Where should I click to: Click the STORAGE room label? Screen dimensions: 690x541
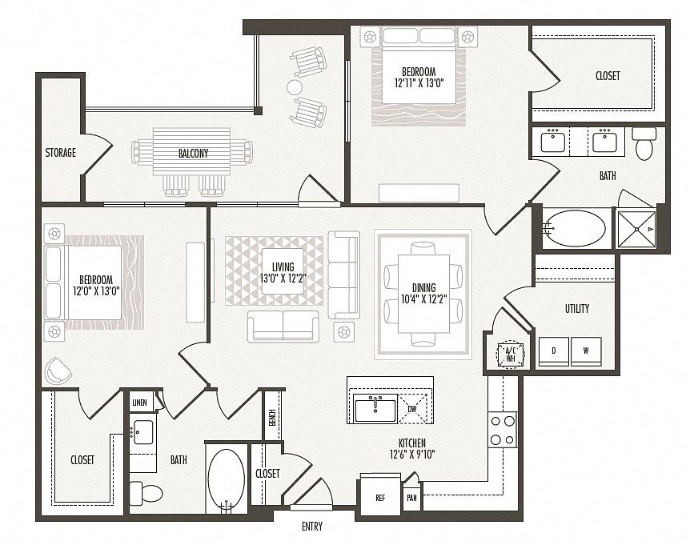point(61,153)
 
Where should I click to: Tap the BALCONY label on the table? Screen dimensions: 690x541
point(193,154)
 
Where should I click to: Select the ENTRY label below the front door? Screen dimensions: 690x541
point(312,526)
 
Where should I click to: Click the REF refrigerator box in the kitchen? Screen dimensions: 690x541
point(381,495)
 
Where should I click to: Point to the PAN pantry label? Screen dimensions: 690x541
point(412,499)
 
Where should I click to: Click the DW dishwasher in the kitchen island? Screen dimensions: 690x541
point(413,409)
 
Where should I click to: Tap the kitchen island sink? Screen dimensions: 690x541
point(375,408)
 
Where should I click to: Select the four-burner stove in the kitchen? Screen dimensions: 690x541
point(503,429)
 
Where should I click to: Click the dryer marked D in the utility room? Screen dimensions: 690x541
point(554,351)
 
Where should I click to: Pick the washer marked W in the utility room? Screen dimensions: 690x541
point(586,351)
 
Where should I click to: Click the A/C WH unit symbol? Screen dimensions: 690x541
point(511,354)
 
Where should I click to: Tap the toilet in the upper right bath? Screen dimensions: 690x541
point(644,143)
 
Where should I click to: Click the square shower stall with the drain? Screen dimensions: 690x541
point(636,229)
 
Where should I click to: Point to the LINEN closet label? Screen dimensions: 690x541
point(140,403)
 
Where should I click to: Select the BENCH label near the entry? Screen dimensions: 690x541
point(272,418)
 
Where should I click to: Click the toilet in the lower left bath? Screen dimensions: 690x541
point(146,493)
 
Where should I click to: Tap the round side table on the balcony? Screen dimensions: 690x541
point(295,87)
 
